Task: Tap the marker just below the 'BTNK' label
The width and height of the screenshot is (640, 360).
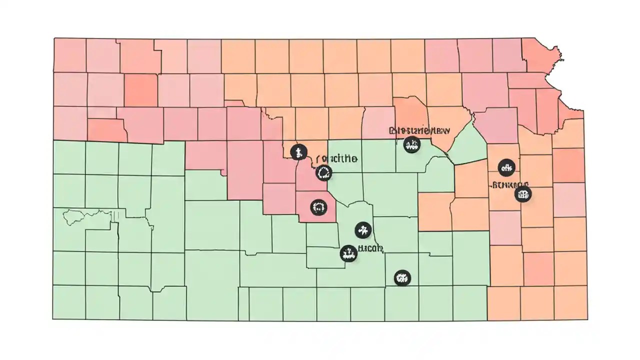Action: click(522, 194)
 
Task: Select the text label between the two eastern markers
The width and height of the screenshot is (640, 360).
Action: click(510, 184)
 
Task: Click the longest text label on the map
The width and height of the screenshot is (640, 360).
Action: click(419, 130)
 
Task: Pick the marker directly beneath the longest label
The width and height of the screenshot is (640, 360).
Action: click(411, 145)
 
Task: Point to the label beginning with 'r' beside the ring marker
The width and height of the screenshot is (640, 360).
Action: click(337, 159)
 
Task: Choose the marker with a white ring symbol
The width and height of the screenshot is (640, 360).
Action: click(324, 173)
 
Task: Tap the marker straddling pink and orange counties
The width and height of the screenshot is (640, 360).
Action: click(298, 151)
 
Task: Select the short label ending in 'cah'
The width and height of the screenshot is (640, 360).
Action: click(370, 248)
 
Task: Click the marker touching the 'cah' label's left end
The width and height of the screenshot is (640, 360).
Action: click(348, 253)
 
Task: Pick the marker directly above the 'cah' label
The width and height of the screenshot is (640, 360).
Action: click(363, 230)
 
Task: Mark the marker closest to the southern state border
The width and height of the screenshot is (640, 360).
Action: click(401, 277)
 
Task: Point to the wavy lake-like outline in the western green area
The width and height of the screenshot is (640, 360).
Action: click(85, 216)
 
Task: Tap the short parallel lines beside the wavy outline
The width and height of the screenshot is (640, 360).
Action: click(115, 215)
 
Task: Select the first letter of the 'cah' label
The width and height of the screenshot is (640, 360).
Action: click(360, 248)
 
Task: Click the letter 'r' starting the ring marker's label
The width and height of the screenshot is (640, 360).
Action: click(319, 159)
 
